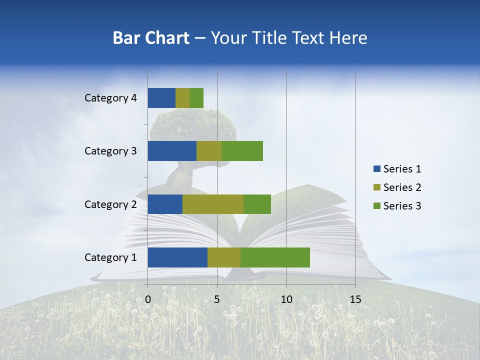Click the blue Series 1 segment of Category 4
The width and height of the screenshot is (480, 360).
[x=161, y=98]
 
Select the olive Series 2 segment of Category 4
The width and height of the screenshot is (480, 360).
[x=182, y=98]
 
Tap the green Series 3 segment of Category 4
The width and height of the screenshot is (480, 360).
[x=196, y=98]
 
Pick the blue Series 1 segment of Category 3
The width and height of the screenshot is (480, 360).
[x=172, y=151]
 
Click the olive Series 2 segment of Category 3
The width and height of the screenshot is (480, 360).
[x=209, y=151]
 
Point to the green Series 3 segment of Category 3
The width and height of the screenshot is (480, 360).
[x=242, y=151]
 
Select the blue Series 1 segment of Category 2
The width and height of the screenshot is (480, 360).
[x=165, y=204]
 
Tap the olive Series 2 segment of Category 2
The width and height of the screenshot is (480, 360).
[x=213, y=204]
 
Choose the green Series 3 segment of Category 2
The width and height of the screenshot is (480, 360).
[x=257, y=204]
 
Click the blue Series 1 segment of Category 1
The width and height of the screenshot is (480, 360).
[x=177, y=257]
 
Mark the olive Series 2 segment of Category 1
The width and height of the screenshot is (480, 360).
[x=224, y=257]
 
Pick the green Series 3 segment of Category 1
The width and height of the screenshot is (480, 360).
[x=275, y=257]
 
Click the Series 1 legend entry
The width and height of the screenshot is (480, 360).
[x=397, y=169]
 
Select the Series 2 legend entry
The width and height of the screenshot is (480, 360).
[x=397, y=187]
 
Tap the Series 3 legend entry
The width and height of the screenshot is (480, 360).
[x=397, y=206]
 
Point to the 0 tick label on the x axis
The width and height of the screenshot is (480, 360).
[x=148, y=299]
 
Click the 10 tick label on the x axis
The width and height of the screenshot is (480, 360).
[x=286, y=299]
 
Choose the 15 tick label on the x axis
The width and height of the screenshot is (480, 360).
[x=355, y=299]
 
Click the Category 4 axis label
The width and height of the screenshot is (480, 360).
[x=110, y=98]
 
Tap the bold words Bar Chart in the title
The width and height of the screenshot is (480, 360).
[x=151, y=38]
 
